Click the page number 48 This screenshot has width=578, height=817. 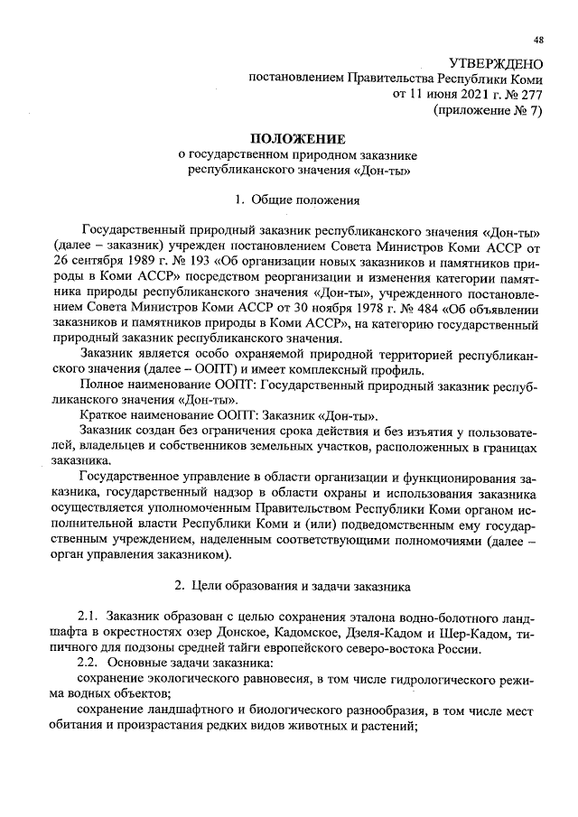[x=538, y=39]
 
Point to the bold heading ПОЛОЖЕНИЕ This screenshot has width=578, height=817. [x=299, y=139]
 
